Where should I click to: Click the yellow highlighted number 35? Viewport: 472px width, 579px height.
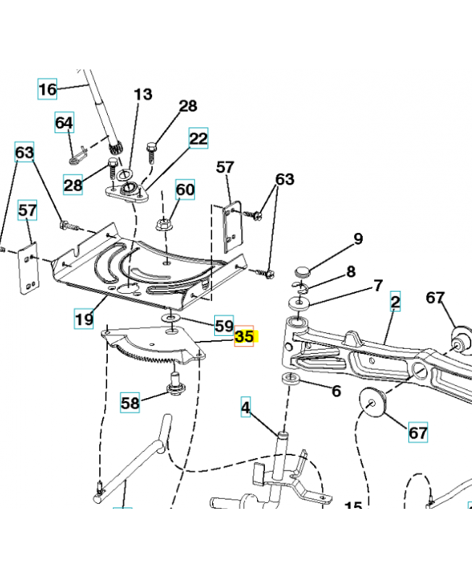pyautogui.click(x=245, y=337)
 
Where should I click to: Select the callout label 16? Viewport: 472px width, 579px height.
pyautogui.click(x=47, y=90)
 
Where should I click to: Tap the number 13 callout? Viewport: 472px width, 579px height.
pyautogui.click(x=143, y=95)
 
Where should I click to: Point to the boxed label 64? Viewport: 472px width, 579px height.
pyautogui.click(x=64, y=123)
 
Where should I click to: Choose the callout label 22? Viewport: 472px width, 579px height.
pyautogui.click(x=198, y=139)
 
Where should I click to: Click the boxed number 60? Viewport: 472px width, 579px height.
pyautogui.click(x=185, y=190)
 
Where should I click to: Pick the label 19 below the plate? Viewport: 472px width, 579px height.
pyautogui.click(x=84, y=316)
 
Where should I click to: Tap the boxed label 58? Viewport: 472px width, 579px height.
pyautogui.click(x=130, y=403)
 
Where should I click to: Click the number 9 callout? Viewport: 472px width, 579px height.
pyautogui.click(x=358, y=240)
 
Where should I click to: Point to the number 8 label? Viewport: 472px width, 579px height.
pyautogui.click(x=351, y=272)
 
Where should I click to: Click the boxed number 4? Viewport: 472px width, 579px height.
pyautogui.click(x=245, y=408)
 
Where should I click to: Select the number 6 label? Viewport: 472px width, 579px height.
pyautogui.click(x=336, y=392)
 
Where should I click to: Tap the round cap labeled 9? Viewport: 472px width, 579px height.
pyautogui.click(x=302, y=272)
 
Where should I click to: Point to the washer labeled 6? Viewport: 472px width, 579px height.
pyautogui.click(x=290, y=379)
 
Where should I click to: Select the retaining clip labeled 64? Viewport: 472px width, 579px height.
pyautogui.click(x=79, y=154)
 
